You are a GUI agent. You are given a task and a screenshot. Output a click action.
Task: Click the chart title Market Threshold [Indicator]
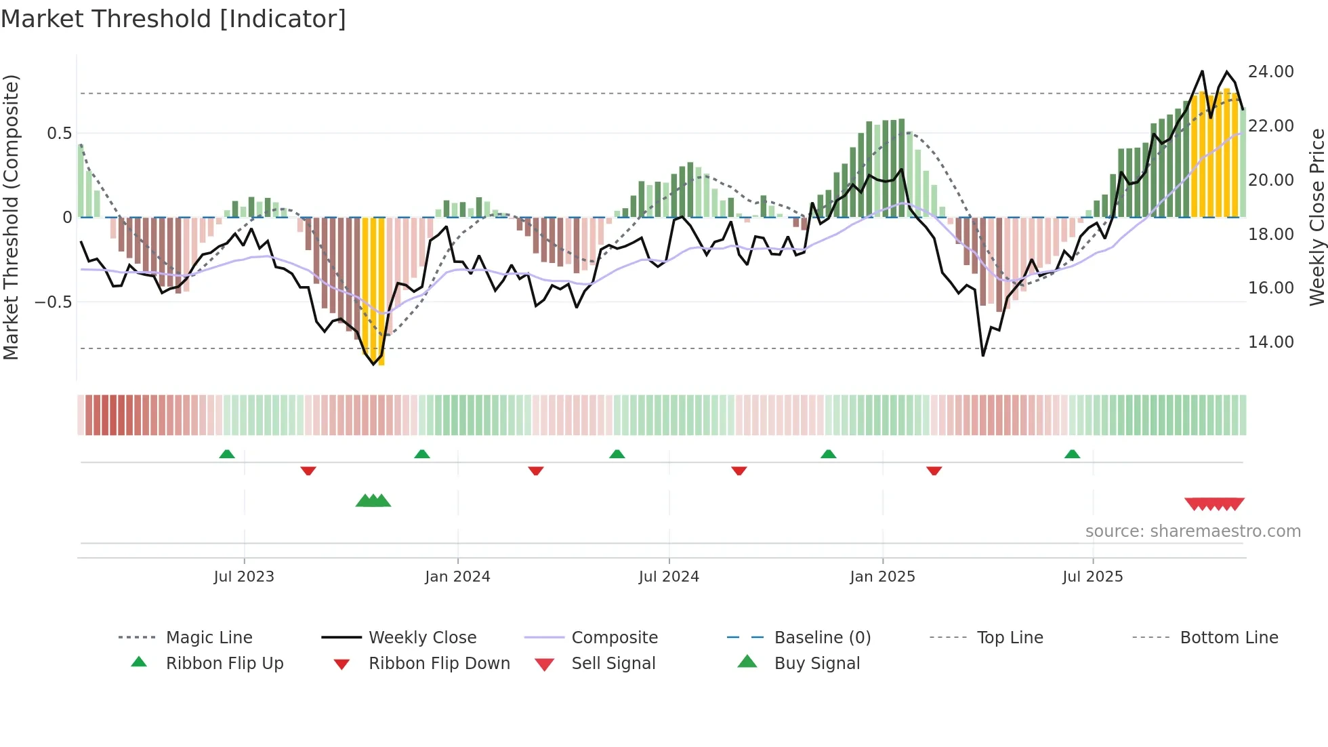pyautogui.click(x=173, y=19)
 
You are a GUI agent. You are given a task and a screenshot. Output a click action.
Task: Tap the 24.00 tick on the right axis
pyautogui.click(x=1270, y=72)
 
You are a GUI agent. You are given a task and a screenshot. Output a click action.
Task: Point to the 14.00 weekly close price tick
pyautogui.click(x=1270, y=342)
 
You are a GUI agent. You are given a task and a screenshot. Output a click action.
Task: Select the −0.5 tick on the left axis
pyautogui.click(x=53, y=302)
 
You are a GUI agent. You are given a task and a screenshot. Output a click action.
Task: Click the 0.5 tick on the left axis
pyautogui.click(x=59, y=134)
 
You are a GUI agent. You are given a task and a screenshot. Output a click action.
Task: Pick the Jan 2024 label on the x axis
pyautogui.click(x=457, y=577)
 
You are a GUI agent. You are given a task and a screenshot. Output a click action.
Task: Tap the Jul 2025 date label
pyautogui.click(x=1092, y=577)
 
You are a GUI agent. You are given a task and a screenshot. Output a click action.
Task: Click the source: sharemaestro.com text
pyautogui.click(x=1192, y=531)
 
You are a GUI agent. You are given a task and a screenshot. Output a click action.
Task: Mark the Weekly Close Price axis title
pyautogui.click(x=1316, y=217)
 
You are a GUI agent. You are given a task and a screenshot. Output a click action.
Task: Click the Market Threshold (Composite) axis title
pyautogui.click(x=11, y=217)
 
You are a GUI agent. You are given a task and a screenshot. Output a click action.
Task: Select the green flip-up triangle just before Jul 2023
pyautogui.click(x=227, y=454)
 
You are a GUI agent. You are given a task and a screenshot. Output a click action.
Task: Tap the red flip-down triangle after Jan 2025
pyautogui.click(x=934, y=470)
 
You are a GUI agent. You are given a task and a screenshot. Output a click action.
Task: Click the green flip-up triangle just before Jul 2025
pyautogui.click(x=1072, y=454)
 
